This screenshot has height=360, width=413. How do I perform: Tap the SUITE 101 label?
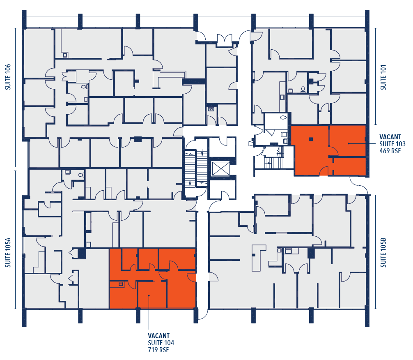click(383, 77)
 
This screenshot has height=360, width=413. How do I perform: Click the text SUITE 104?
click(161, 343)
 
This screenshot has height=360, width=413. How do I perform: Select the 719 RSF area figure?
click(158, 350)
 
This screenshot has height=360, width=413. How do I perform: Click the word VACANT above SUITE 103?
click(390, 137)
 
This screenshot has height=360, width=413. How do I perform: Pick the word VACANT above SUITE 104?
click(158, 336)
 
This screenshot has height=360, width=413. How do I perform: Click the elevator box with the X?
click(222, 168)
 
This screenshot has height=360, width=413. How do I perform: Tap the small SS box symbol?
click(211, 109)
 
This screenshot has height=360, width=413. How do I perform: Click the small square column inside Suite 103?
click(312, 138)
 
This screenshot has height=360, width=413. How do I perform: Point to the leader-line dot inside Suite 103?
click(349, 143)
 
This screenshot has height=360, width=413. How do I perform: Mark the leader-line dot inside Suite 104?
click(149, 295)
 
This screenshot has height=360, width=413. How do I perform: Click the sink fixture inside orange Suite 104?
click(121, 284)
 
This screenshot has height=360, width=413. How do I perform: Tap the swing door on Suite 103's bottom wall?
click(324, 171)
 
